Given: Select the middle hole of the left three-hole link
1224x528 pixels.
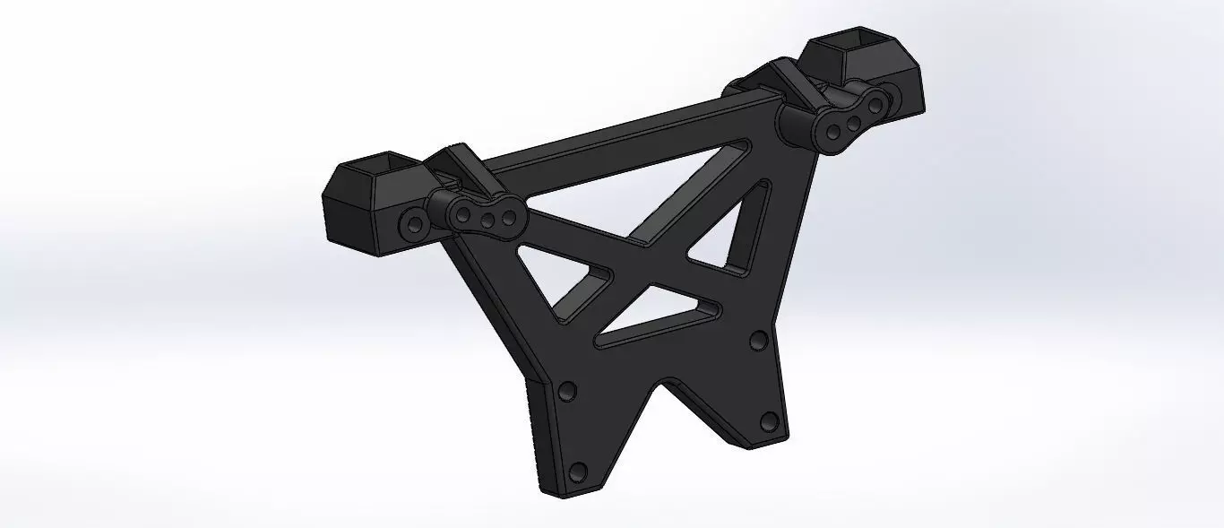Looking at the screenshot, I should pyautogui.click(x=488, y=215).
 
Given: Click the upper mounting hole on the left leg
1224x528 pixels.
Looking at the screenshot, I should pyautogui.click(x=566, y=392).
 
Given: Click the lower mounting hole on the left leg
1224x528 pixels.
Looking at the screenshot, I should pyautogui.click(x=578, y=471).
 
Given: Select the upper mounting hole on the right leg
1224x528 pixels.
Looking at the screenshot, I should pyautogui.click(x=758, y=340).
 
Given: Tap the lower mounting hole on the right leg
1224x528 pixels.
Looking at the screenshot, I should pyautogui.click(x=768, y=420).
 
